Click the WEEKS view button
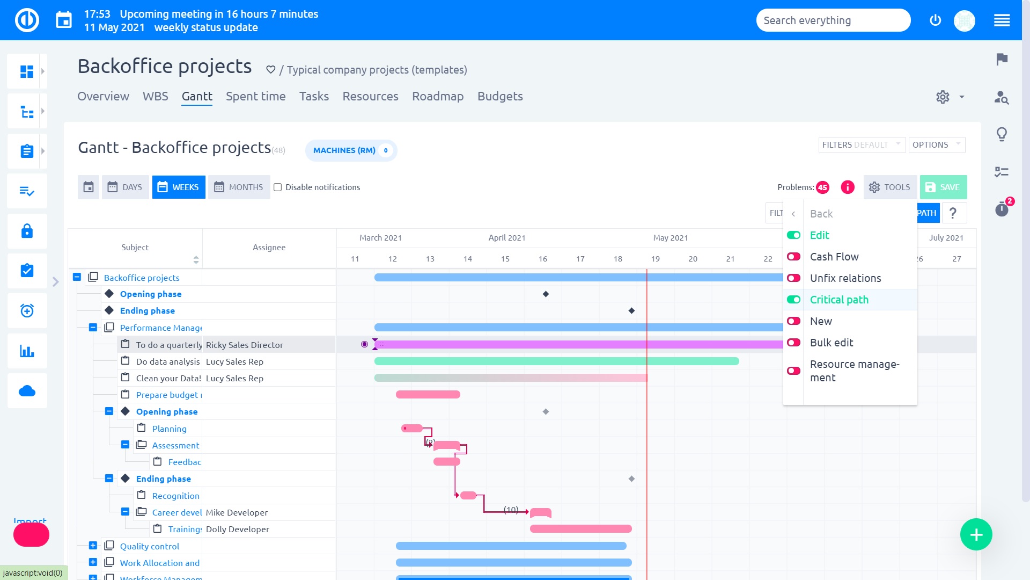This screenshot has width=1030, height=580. click(x=179, y=187)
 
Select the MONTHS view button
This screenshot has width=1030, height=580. click(x=239, y=187)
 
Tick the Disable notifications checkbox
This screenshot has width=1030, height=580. click(x=277, y=187)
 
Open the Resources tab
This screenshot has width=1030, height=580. click(x=370, y=96)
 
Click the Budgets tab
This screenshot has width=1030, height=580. click(x=499, y=96)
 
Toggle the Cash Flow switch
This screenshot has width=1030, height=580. click(x=793, y=257)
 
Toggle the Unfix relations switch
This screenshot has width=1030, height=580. click(x=793, y=278)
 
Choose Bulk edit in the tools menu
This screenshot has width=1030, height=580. click(x=831, y=343)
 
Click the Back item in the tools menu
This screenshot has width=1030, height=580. click(x=821, y=214)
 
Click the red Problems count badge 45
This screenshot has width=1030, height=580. click(x=822, y=187)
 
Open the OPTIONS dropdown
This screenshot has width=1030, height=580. click(x=936, y=145)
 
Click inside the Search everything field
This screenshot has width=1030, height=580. click(x=833, y=20)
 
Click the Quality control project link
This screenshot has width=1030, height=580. click(x=149, y=546)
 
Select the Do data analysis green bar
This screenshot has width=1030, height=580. click(x=556, y=361)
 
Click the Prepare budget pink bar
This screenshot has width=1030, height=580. click(x=428, y=395)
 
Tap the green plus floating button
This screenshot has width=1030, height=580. click(x=976, y=534)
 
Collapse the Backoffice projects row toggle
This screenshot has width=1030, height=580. click(x=77, y=277)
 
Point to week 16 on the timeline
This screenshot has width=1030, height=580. click(x=542, y=259)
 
